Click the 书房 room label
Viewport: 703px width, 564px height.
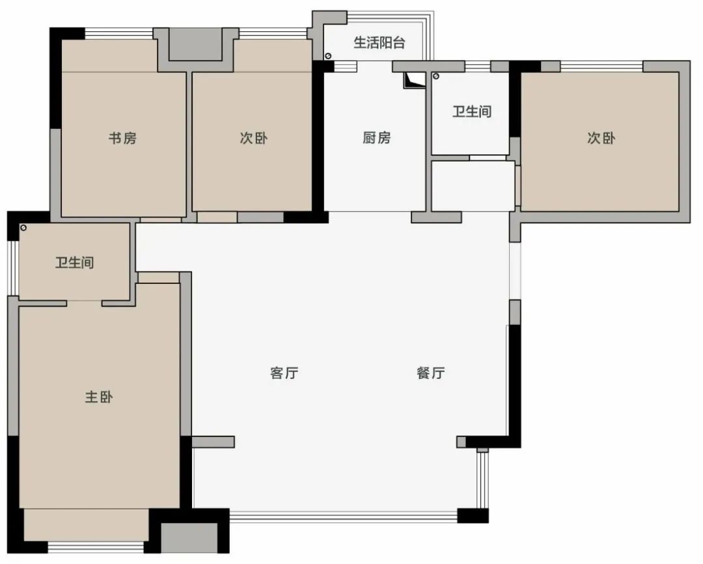click(122, 138)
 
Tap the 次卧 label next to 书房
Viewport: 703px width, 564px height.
click(253, 138)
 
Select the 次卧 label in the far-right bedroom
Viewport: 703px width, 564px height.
click(601, 138)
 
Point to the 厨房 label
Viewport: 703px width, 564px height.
click(377, 138)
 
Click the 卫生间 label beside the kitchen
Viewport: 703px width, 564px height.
click(472, 111)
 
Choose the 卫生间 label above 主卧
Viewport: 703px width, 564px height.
click(74, 262)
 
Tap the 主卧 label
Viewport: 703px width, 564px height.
click(99, 397)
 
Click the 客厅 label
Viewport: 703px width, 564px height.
click(284, 373)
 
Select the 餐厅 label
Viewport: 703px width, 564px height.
click(431, 373)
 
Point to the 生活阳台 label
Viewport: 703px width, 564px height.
click(379, 42)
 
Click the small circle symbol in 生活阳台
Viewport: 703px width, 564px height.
click(328, 56)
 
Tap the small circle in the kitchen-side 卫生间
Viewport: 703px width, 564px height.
click(435, 77)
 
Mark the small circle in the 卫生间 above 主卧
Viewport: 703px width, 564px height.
click(23, 228)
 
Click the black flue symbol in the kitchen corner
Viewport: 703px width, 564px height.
click(413, 80)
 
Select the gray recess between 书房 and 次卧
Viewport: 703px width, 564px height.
click(195, 44)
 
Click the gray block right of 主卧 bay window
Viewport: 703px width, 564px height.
click(189, 537)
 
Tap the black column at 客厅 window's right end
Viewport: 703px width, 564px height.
click(473, 516)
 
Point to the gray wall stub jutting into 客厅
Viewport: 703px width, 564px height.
click(213, 442)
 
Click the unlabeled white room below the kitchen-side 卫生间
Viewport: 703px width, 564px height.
click(473, 186)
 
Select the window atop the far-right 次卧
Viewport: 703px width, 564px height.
click(601, 66)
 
